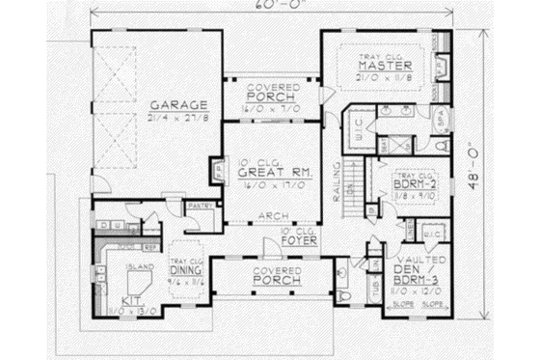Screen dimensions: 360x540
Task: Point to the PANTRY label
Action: (200, 205)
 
